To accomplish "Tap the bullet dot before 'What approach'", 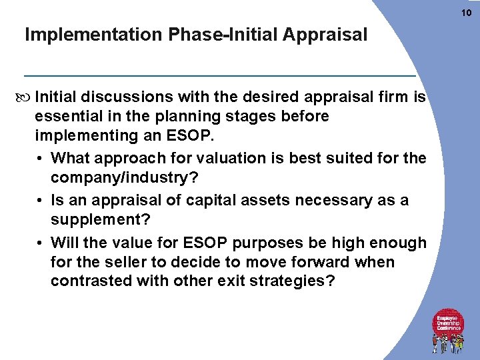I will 42,159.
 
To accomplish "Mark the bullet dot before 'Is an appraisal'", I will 42,201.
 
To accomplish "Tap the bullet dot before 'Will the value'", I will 42,243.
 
